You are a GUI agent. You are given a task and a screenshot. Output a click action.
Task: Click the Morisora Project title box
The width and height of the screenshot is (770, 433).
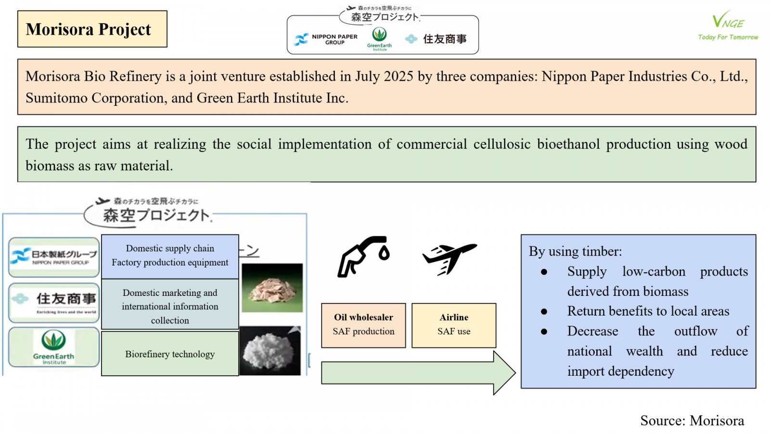pyautogui.click(x=92, y=29)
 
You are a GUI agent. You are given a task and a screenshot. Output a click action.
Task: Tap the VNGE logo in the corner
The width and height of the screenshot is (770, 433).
pyautogui.click(x=728, y=25)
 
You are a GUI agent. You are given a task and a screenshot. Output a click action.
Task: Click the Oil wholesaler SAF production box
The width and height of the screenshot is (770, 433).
pyautogui.click(x=363, y=325)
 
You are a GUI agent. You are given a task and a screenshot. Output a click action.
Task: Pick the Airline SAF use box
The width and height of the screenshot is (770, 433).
pyautogui.click(x=454, y=325)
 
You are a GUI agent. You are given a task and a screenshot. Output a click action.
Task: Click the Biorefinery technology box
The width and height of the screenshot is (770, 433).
pyautogui.click(x=170, y=354)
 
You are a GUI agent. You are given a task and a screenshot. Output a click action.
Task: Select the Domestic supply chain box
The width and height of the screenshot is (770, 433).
pyautogui.click(x=170, y=255)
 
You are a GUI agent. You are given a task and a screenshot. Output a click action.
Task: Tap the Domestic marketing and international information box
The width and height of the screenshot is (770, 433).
pyautogui.click(x=170, y=306)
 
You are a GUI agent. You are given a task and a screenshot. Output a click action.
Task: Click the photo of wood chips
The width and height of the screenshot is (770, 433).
pyautogui.click(x=272, y=288)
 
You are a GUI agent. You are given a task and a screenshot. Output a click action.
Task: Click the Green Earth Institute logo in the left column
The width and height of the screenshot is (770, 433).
pyautogui.click(x=54, y=347)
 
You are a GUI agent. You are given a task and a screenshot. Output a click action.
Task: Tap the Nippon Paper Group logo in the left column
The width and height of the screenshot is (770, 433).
pyautogui.click(x=54, y=257)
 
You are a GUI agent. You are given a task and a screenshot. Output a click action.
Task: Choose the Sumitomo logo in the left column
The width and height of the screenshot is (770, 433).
pyautogui.click(x=54, y=302)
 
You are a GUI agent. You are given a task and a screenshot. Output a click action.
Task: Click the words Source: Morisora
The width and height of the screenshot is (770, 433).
pyautogui.click(x=692, y=420)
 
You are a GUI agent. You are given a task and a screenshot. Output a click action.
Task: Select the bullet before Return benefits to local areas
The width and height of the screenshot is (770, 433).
pyautogui.click(x=544, y=312)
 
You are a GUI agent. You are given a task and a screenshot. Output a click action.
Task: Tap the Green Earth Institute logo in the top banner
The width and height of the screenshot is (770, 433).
pyautogui.click(x=379, y=38)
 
